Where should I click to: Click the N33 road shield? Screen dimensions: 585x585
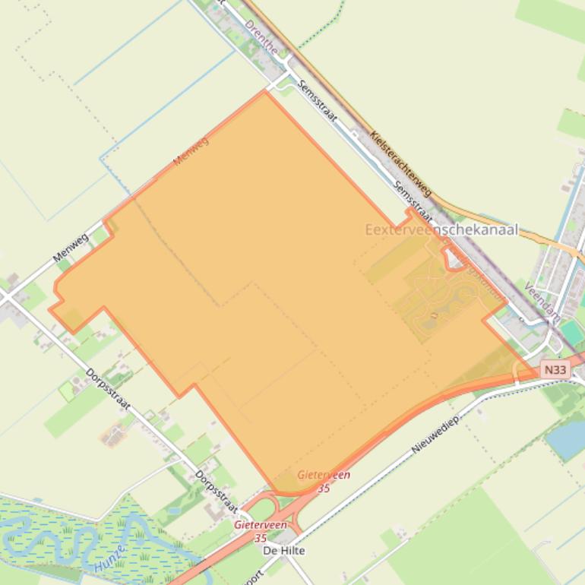pos(555,370)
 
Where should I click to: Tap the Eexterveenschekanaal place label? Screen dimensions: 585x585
pos(441,229)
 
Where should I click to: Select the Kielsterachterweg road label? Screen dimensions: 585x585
pos(400,163)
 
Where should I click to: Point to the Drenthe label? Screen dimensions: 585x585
pos(261,36)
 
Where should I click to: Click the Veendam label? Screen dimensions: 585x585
pos(542,301)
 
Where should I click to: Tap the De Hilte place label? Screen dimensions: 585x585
pos(283,551)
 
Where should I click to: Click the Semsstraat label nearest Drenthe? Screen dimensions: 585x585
pos(318,100)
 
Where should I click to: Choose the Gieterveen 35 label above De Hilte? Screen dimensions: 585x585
pos(261,530)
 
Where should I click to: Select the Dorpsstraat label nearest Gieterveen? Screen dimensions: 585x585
pos(217,492)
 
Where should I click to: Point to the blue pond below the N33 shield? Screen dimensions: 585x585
pos(568,440)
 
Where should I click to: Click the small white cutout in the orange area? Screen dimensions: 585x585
pos(454,261)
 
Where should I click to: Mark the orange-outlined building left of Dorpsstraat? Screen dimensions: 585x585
pos(114,435)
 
